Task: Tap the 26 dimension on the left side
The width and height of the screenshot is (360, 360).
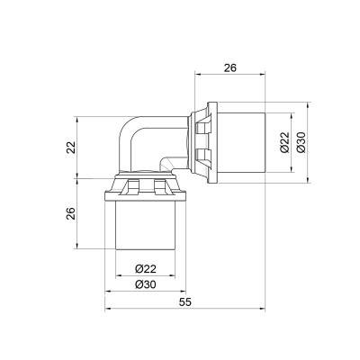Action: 70,213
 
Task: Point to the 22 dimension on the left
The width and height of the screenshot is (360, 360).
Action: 70,146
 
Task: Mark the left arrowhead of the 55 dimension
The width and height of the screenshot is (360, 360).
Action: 110,311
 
